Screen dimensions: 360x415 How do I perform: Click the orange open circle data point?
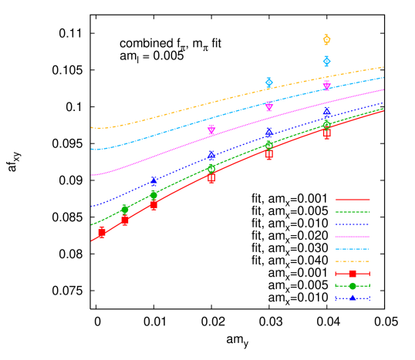click(326, 39)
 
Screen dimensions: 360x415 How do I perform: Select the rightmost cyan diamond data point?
click(326, 61)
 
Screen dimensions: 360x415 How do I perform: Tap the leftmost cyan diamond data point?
click(268, 82)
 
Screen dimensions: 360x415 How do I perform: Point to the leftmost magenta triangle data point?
click(211, 130)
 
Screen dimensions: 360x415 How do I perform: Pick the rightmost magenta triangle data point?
click(326, 85)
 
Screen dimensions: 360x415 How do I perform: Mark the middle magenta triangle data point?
click(268, 106)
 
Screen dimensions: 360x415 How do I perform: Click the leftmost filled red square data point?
click(101, 231)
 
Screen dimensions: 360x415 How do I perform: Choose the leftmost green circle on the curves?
click(125, 209)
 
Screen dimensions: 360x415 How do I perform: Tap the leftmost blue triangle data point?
click(154, 181)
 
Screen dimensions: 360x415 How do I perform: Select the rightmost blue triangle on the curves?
click(326, 113)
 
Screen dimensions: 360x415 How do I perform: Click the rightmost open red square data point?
click(326, 133)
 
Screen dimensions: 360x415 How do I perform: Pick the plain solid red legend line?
click(353, 199)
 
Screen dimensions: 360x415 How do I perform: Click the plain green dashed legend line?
click(353, 211)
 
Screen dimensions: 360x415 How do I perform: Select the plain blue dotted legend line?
click(353, 224)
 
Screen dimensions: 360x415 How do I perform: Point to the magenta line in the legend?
click(353, 237)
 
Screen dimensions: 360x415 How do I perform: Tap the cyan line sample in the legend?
click(353, 249)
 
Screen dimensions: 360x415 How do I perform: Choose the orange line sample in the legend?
click(353, 261)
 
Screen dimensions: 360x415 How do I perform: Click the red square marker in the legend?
click(353, 274)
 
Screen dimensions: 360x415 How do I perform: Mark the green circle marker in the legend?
click(353, 286)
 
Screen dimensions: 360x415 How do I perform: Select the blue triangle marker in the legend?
click(353, 298)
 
